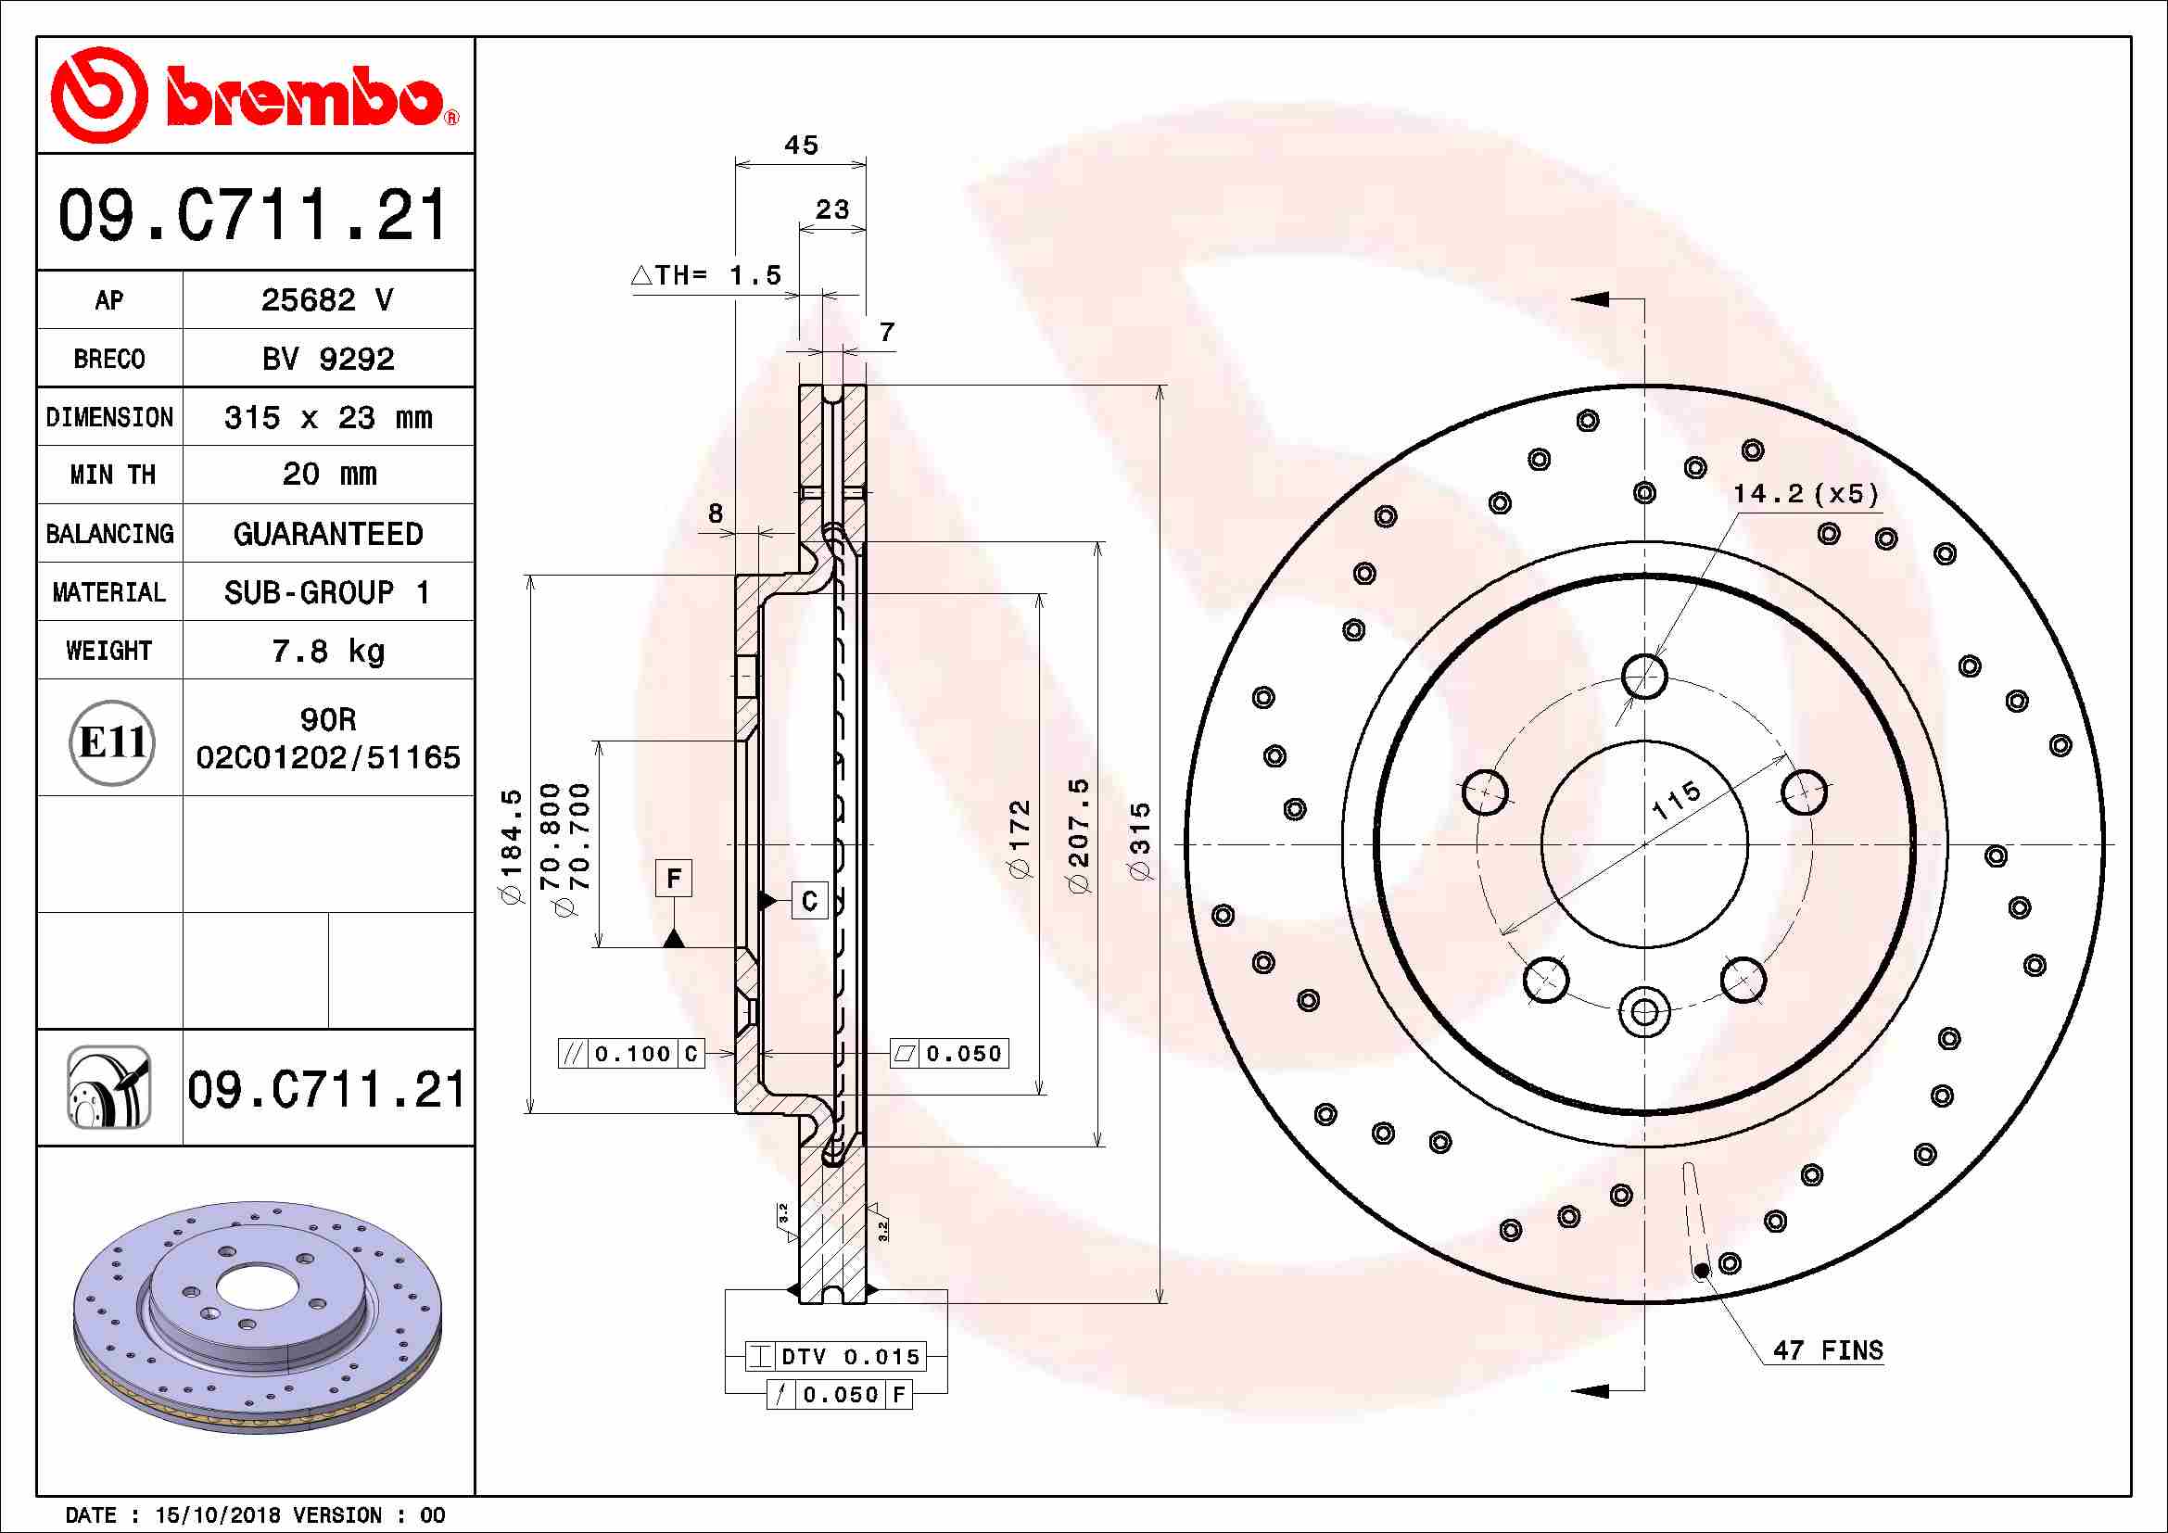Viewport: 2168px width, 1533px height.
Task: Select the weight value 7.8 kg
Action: pos(327,651)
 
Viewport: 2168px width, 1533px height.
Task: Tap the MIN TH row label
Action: pos(110,475)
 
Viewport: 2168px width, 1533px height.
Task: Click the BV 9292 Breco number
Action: pos(327,359)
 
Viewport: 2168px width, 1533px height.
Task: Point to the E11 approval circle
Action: pos(112,742)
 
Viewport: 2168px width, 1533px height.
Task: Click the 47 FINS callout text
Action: pos(1827,1350)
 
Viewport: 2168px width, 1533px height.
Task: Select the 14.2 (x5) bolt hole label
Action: pos(1805,494)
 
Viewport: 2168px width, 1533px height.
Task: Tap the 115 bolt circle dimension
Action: pos(1676,800)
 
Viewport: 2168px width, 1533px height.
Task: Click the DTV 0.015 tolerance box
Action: pos(836,1357)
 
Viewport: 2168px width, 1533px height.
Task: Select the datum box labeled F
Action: pos(673,878)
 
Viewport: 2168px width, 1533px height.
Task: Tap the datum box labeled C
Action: pos(809,901)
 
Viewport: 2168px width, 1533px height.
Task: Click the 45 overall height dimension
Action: pos(801,146)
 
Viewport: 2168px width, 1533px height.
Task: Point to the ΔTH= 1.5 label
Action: pos(706,275)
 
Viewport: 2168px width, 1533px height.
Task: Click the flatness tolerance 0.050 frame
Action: pos(949,1054)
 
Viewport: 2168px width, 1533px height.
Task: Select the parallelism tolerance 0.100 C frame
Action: pos(631,1054)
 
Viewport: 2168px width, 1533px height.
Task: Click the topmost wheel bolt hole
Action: pos(1644,676)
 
